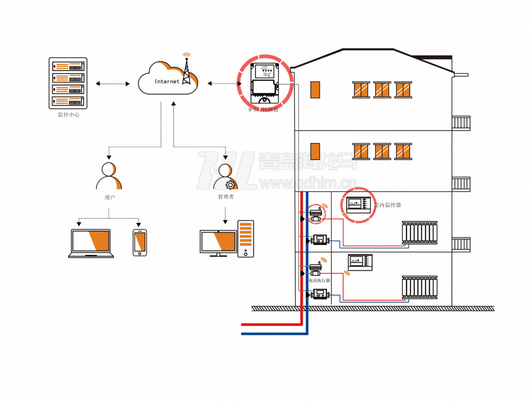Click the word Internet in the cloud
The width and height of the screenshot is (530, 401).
click(167, 82)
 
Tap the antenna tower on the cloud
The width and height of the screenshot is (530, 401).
click(186, 72)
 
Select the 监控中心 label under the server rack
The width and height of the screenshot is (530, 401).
click(68, 115)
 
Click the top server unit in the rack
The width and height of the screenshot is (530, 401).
click(68, 66)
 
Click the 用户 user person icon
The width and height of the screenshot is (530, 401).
click(109, 176)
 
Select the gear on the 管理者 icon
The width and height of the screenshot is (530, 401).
click(230, 185)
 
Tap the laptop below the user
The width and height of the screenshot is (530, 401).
click(91, 243)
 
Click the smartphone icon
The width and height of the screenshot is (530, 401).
click(140, 243)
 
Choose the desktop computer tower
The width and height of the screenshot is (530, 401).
click(246, 239)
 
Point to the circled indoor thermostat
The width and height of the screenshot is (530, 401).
click(359, 205)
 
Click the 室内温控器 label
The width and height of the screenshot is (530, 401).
click(388, 205)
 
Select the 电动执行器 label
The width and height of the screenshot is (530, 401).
click(319, 280)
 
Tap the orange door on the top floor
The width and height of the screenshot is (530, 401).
click(315, 90)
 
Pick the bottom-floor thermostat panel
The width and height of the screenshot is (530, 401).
click(360, 262)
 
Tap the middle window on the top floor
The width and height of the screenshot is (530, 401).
click(382, 90)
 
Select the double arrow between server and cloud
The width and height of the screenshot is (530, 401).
click(112, 84)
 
